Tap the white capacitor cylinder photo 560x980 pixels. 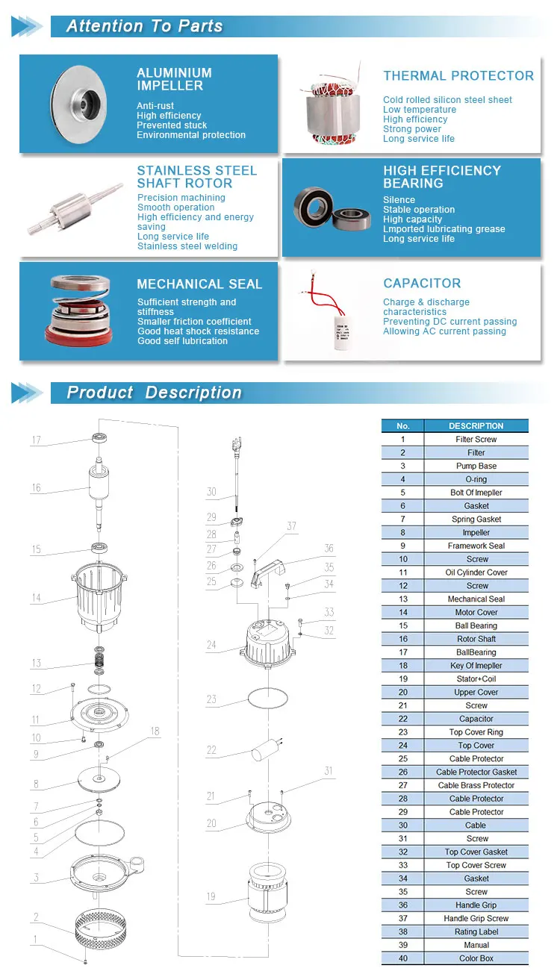(x=342, y=332)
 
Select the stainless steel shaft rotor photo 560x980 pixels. (x=75, y=208)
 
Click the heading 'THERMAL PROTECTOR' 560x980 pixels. (x=458, y=75)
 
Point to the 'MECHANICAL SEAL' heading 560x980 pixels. (x=199, y=284)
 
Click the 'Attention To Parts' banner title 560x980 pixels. (x=144, y=26)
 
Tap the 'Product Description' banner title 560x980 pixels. (x=154, y=393)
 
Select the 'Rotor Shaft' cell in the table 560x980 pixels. (x=476, y=639)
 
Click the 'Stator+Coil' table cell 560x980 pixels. (x=476, y=678)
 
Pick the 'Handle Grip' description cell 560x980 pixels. (x=476, y=905)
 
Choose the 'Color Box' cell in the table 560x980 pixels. (x=476, y=958)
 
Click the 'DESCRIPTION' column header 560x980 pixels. (x=476, y=425)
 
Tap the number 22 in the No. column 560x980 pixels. (x=403, y=718)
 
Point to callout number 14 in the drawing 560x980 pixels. (x=37, y=598)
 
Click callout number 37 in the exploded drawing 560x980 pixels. (x=291, y=526)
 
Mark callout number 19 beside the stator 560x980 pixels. (x=211, y=896)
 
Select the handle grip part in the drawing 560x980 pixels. (x=268, y=572)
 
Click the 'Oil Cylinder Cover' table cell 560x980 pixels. (x=476, y=572)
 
